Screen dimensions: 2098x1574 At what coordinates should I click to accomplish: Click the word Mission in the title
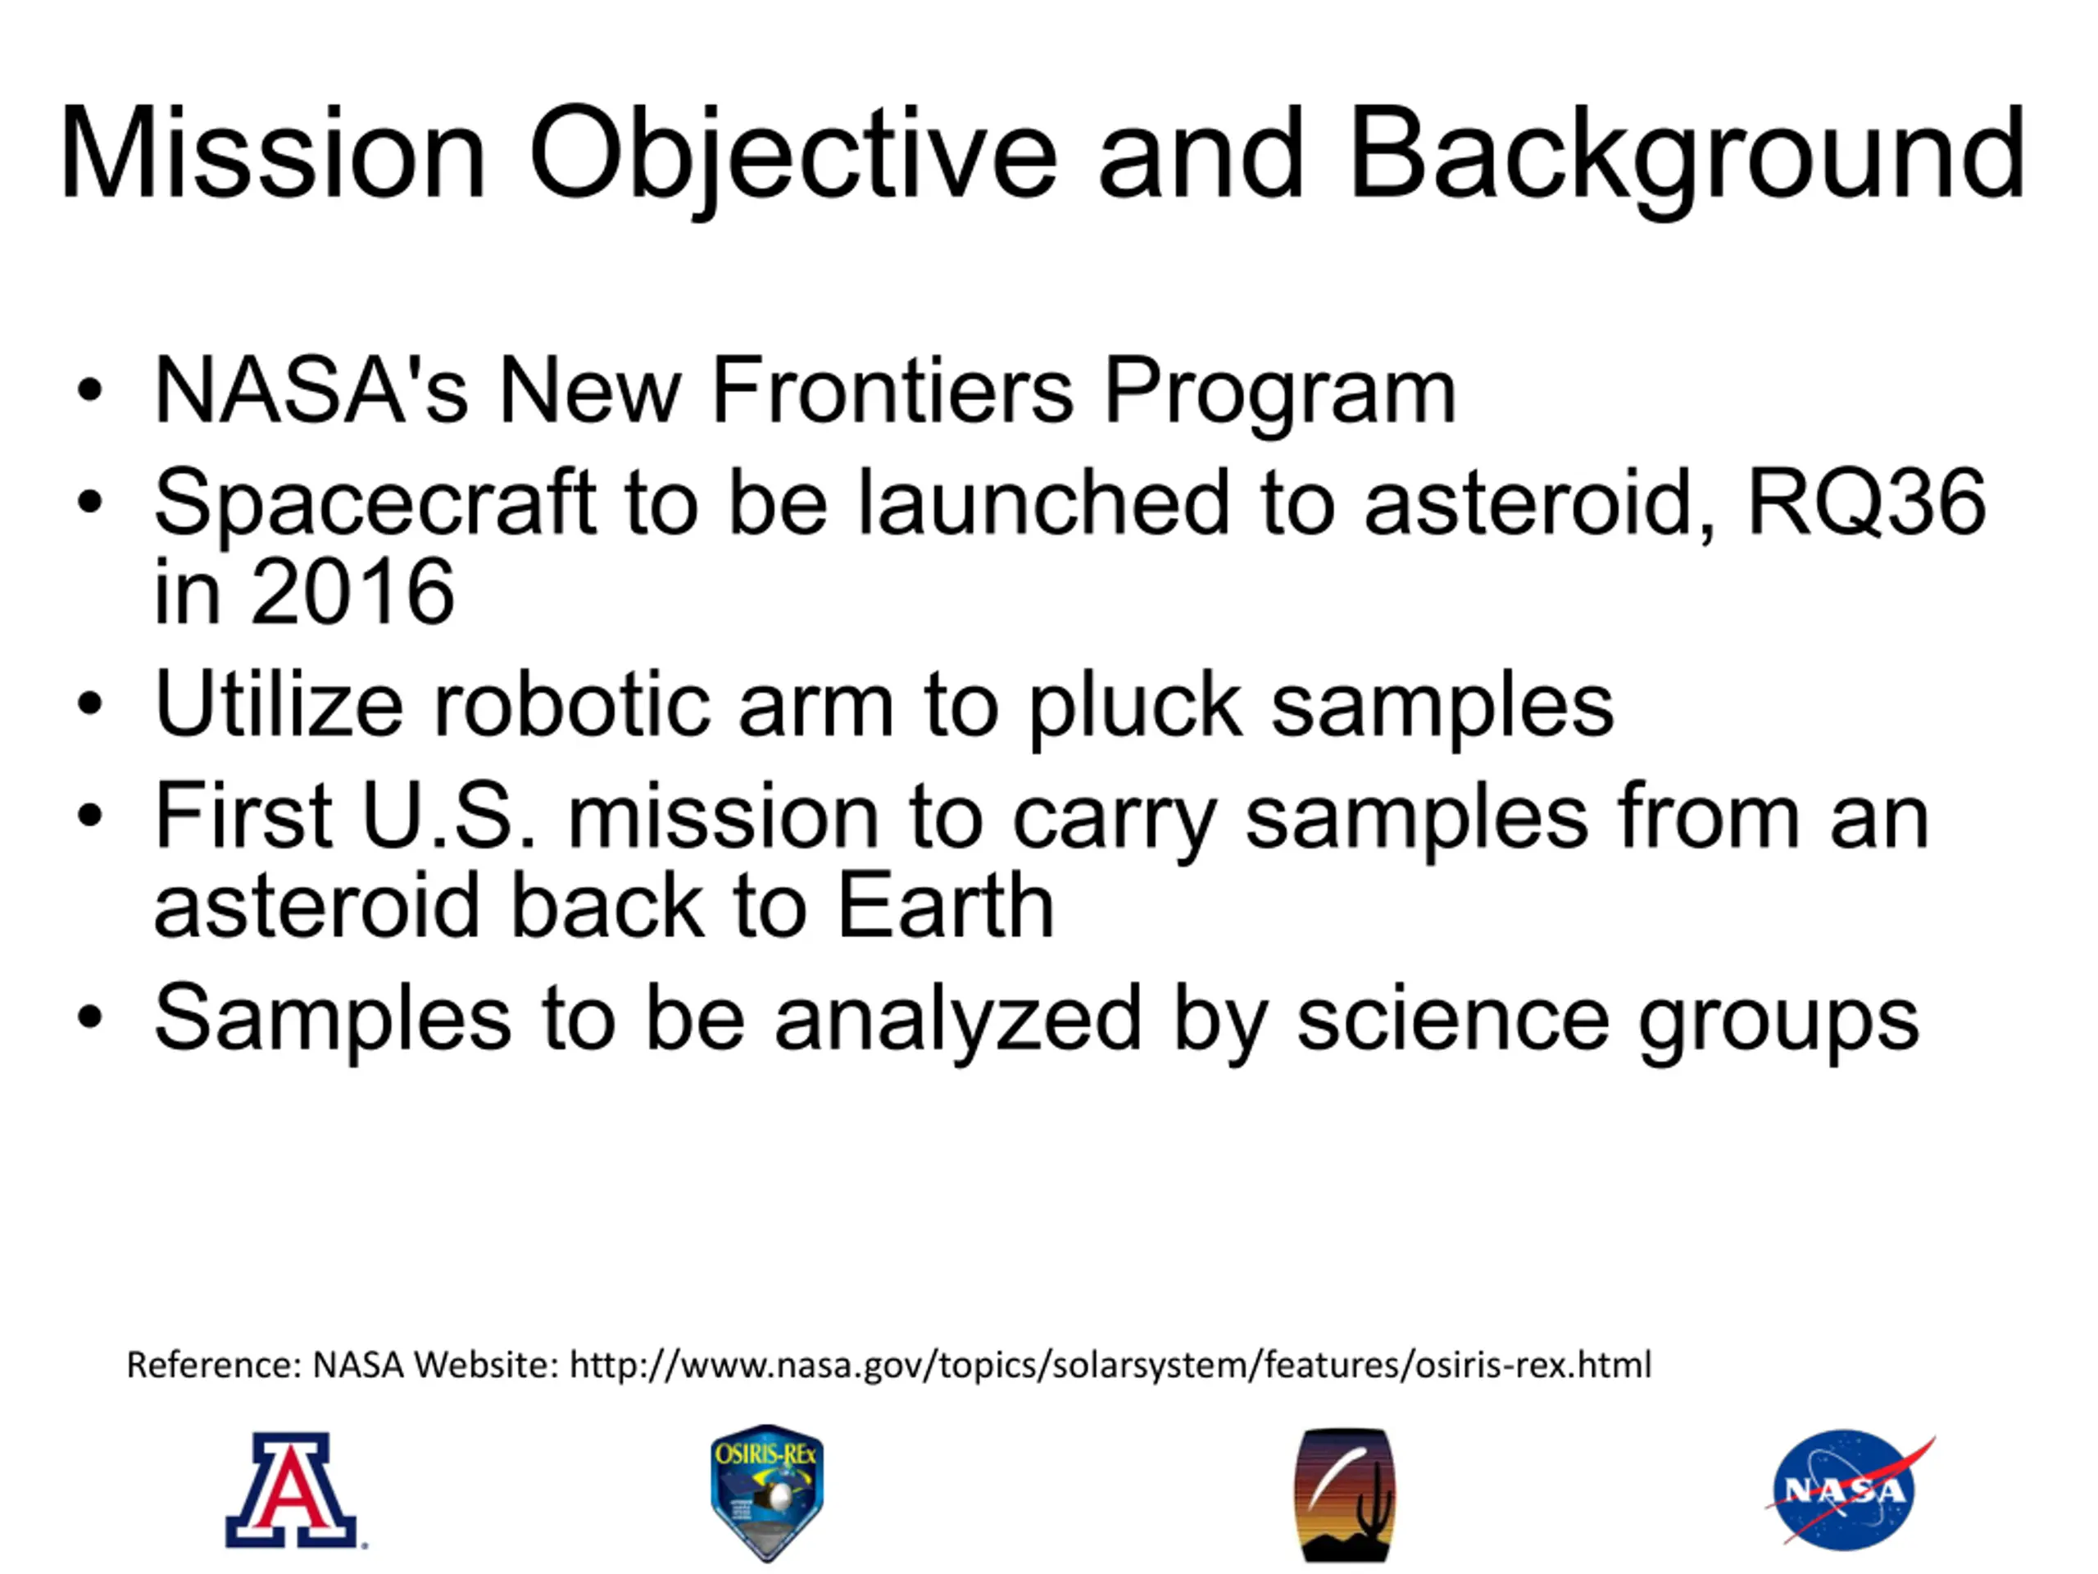click(273, 153)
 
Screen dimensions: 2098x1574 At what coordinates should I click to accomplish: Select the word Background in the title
click(1687, 156)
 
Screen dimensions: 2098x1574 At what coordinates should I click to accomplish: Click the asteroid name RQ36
click(1865, 502)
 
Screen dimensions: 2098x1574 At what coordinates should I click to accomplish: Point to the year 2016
click(353, 591)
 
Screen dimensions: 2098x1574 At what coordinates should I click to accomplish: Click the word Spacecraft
click(375, 506)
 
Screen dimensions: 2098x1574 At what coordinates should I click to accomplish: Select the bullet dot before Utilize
click(90, 705)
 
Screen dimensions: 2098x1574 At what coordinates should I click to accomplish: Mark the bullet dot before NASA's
click(90, 390)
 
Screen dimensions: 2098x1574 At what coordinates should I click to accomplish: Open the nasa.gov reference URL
click(1110, 1365)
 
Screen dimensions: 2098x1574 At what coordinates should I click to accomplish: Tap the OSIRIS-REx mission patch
click(766, 1492)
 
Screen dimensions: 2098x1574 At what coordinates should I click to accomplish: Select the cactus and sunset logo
click(1345, 1495)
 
